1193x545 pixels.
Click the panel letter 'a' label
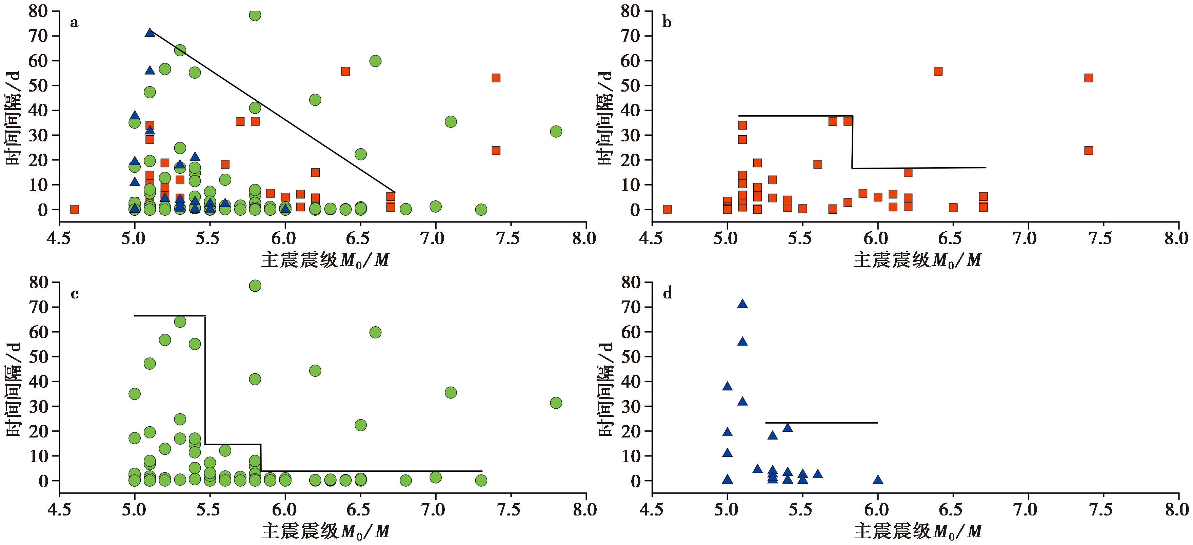[x=74, y=23]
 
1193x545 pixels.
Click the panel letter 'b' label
[x=667, y=22]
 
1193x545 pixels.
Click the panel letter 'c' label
[x=75, y=294]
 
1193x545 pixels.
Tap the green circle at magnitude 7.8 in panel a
[x=556, y=132]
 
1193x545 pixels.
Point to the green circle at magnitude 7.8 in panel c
[x=556, y=403]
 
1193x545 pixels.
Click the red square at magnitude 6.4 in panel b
[x=938, y=71]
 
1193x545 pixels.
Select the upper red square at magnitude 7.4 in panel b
[x=1088, y=78]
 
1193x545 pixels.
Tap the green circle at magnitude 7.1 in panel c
[x=451, y=392]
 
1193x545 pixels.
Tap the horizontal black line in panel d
[x=821, y=423]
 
